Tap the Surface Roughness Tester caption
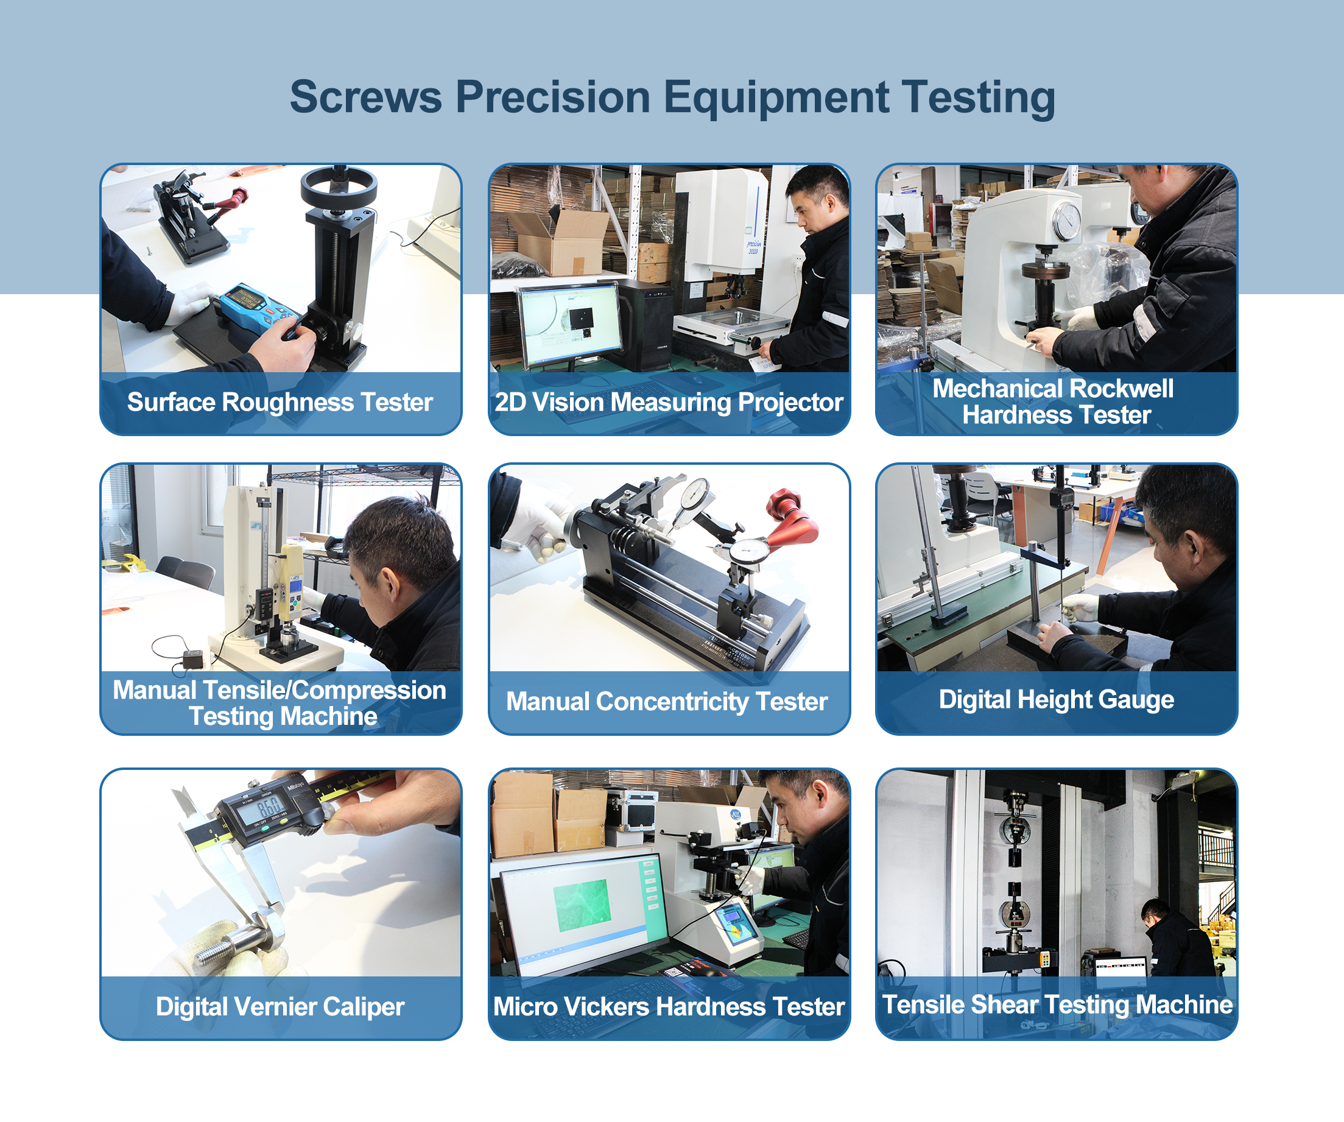pos(280,403)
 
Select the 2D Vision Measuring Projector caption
pos(669,403)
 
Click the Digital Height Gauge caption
pos(1056,699)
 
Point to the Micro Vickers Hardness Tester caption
pos(669,1007)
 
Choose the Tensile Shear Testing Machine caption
pos(1057,1005)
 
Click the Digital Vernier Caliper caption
pos(280,1007)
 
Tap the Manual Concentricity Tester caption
pos(666,702)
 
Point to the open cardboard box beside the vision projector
pos(563,243)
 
